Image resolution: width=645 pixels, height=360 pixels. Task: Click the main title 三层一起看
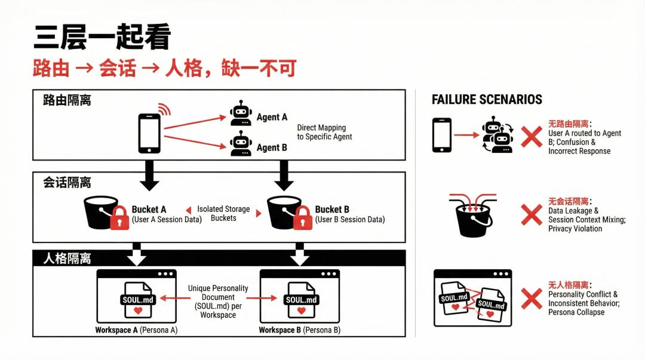pyautogui.click(x=102, y=37)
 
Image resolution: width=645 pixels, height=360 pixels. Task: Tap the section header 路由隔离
pyautogui.click(x=67, y=100)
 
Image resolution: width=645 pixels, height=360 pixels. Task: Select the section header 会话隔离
pyautogui.click(x=67, y=182)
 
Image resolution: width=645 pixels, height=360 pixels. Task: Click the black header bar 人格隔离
pyautogui.click(x=219, y=259)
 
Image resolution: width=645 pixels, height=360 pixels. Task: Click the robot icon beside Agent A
pyautogui.click(x=241, y=113)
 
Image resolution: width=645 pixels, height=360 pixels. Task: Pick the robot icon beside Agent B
pyautogui.click(x=241, y=144)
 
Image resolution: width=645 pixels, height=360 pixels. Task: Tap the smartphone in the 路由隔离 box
pyautogui.click(x=149, y=133)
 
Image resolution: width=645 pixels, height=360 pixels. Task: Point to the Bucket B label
pyautogui.click(x=332, y=210)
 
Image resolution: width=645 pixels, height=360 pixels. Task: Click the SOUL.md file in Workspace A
pyautogui.click(x=138, y=300)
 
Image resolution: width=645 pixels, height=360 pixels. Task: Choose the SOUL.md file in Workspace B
pyautogui.click(x=302, y=300)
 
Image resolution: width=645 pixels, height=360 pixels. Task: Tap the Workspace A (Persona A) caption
pyautogui.click(x=136, y=330)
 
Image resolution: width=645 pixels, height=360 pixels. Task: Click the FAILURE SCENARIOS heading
pyautogui.click(x=487, y=100)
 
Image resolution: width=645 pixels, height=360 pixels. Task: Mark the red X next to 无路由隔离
pyautogui.click(x=531, y=137)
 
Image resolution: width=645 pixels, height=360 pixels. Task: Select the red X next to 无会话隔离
pyautogui.click(x=531, y=215)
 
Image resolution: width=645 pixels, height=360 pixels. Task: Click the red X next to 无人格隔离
pyautogui.click(x=531, y=299)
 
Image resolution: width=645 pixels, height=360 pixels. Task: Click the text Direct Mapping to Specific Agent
pyautogui.click(x=324, y=132)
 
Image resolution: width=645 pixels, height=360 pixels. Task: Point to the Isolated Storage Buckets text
pyautogui.click(x=223, y=213)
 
